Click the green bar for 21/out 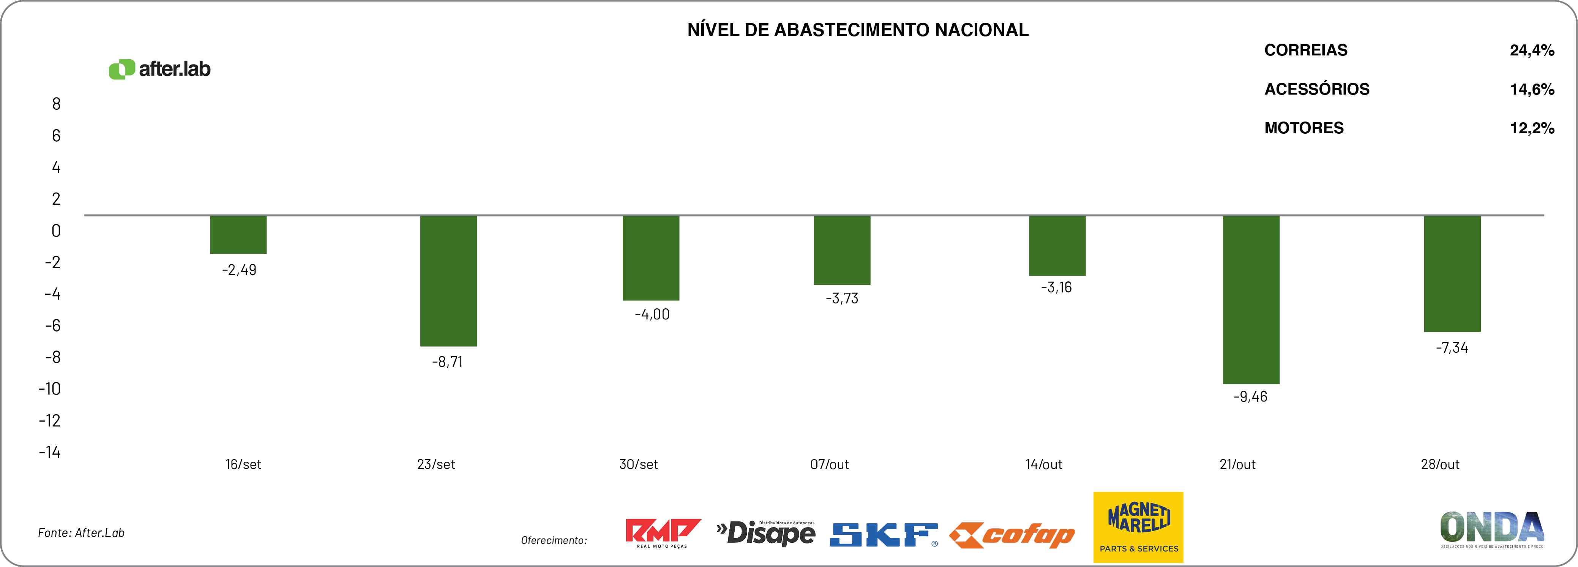(x=1251, y=299)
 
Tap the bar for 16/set (x=238, y=235)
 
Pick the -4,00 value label (x=652, y=314)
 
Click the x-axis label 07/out (x=829, y=464)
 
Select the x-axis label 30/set (x=638, y=464)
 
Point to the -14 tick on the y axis (x=50, y=452)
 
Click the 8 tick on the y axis (x=56, y=104)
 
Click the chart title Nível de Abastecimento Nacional (x=858, y=30)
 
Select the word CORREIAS (x=1305, y=50)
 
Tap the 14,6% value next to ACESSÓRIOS (x=1531, y=90)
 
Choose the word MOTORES (x=1303, y=128)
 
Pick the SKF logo (x=883, y=534)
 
